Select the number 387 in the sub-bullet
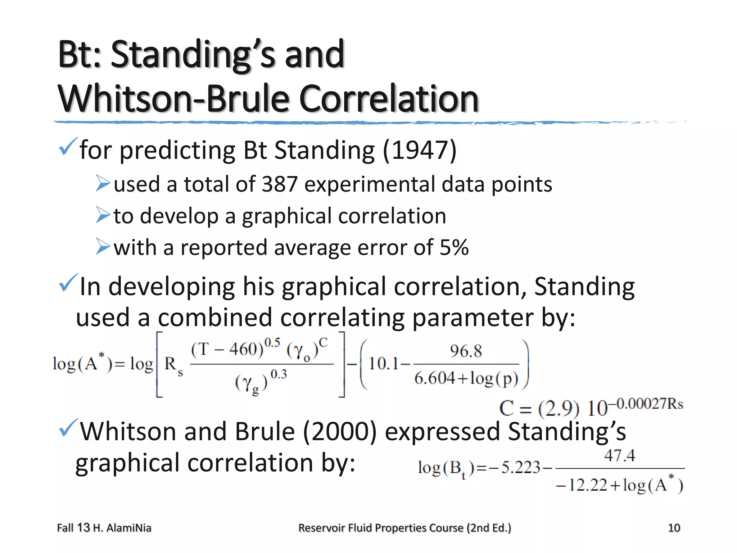[280, 184]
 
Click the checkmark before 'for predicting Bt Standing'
[68, 147]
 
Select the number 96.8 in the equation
[466, 351]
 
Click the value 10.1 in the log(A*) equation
[383, 364]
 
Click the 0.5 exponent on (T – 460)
[272, 342]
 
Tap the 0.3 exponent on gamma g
[279, 374]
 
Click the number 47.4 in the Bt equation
[619, 456]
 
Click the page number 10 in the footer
[674, 528]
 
